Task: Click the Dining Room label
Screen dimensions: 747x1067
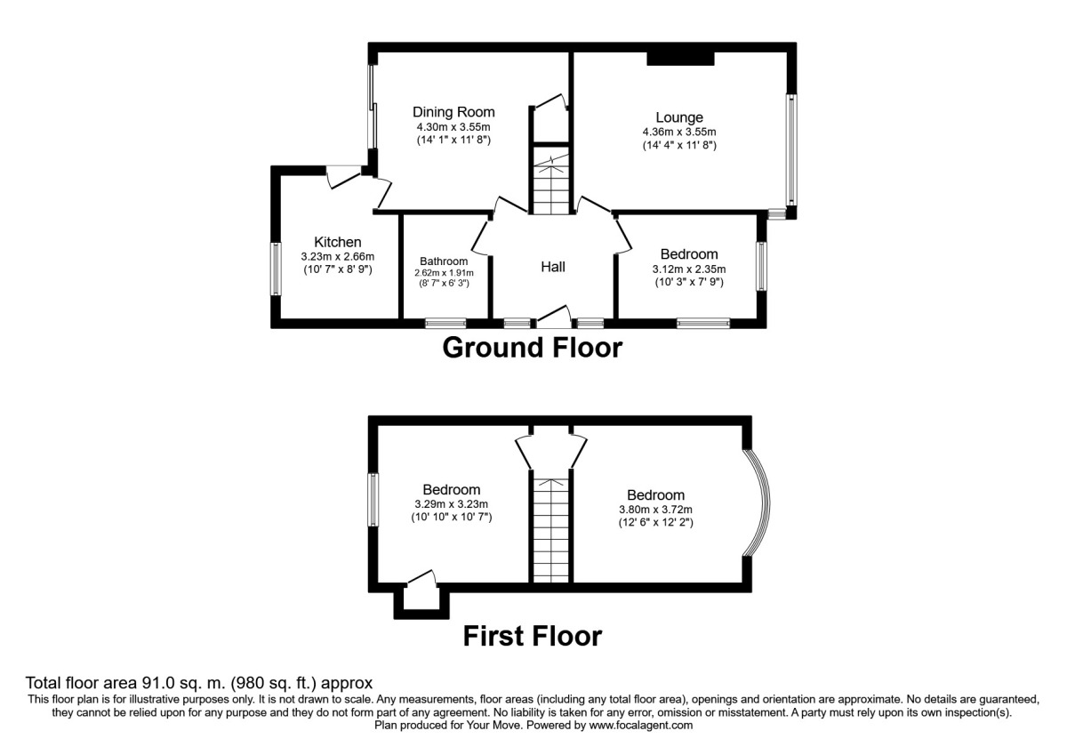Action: point(453,112)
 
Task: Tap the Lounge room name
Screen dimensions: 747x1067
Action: point(679,117)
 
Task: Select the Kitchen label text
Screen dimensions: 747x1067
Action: point(337,242)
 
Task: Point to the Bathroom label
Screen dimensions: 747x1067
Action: point(444,261)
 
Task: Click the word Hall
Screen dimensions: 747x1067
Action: point(553,267)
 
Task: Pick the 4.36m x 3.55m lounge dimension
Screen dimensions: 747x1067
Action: point(679,133)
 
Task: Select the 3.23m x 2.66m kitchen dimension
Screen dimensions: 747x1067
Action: point(337,256)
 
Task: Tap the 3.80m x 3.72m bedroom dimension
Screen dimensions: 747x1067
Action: point(655,510)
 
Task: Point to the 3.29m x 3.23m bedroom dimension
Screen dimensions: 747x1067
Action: point(451,504)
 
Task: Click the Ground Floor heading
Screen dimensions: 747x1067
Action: point(532,348)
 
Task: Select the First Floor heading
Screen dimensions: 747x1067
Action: point(532,636)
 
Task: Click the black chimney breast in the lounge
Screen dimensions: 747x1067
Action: point(680,58)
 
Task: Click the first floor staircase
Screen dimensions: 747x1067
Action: point(550,529)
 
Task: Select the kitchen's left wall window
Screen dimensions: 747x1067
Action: point(277,269)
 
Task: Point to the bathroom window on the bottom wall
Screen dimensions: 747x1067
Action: point(445,324)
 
